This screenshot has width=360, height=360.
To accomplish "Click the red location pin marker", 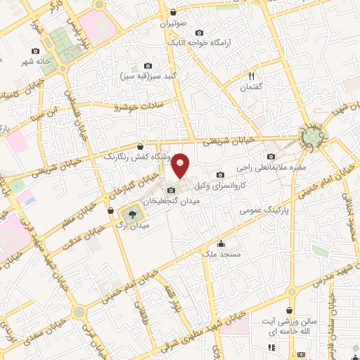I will pos(181,166).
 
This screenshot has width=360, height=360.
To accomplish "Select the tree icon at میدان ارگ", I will pos(131,212).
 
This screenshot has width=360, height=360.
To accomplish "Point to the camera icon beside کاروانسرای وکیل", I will pos(220,174).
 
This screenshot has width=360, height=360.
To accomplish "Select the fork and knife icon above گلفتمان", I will pos(251,76).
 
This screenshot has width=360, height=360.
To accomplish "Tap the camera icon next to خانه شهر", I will pos(35,51).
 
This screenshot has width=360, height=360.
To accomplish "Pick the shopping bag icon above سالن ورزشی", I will pos(290,309).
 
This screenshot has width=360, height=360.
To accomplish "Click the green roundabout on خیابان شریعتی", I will pos(310,136).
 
